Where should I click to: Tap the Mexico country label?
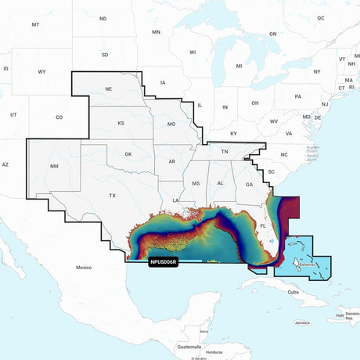(84, 268)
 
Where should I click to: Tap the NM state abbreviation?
(53, 167)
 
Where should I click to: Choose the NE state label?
(108, 90)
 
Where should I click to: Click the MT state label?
(35, 25)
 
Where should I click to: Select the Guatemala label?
(189, 347)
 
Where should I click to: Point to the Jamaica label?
(302, 322)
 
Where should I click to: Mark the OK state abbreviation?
(128, 154)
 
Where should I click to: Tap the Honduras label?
(214, 351)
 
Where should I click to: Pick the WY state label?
(41, 72)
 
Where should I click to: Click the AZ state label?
(5, 164)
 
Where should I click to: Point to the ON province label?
(273, 34)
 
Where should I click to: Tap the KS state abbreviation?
(121, 124)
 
